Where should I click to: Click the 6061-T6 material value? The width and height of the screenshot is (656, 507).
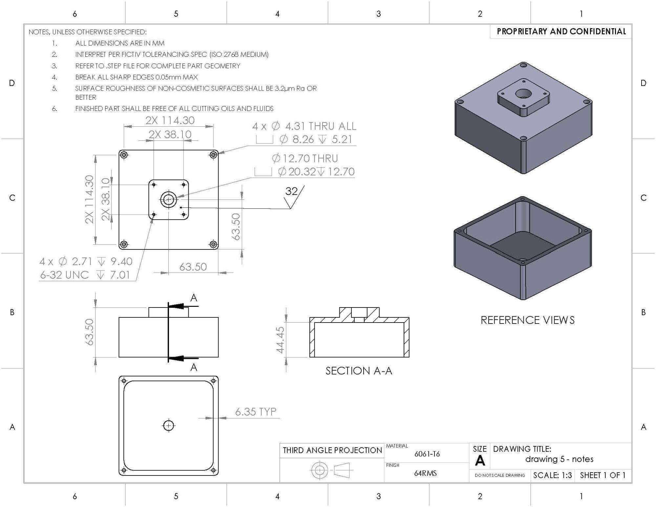click(x=427, y=454)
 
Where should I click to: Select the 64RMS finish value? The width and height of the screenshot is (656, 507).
click(x=425, y=473)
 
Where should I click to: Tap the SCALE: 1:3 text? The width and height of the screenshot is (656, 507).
click(x=552, y=475)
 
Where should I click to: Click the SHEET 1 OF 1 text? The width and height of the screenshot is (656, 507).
click(x=603, y=475)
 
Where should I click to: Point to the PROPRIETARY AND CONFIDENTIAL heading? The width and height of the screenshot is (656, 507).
click(x=561, y=32)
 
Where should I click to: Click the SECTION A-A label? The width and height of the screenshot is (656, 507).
click(x=359, y=371)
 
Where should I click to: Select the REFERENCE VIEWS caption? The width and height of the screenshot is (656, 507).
click(x=527, y=320)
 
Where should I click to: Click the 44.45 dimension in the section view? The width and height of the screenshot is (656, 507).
click(x=280, y=340)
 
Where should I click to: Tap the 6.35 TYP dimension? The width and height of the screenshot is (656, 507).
click(x=256, y=412)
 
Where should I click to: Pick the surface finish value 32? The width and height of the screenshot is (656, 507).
click(x=291, y=191)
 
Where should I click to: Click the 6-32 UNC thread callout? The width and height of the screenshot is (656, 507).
click(x=64, y=275)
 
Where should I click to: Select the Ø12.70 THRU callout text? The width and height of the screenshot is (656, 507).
click(x=305, y=158)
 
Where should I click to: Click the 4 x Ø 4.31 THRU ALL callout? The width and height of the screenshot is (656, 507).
click(x=304, y=126)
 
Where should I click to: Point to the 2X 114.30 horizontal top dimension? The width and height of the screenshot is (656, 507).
click(x=170, y=120)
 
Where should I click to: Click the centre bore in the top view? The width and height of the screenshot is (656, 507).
click(x=168, y=199)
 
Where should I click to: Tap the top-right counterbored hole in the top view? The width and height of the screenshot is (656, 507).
click(x=213, y=154)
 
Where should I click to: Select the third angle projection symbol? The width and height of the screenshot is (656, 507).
click(x=331, y=470)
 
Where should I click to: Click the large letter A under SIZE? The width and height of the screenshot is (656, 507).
click(x=480, y=461)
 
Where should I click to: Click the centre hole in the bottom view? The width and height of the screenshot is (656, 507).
click(x=169, y=426)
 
